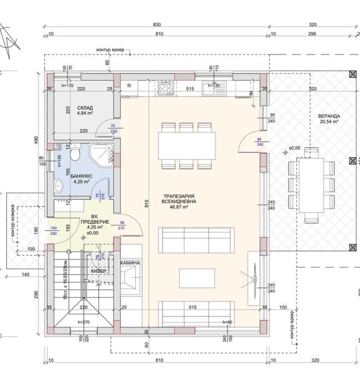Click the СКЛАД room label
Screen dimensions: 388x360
point(85,107)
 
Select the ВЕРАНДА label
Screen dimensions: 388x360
point(329,117)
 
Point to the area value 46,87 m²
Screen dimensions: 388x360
point(176,208)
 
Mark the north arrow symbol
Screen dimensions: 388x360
point(11,42)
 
